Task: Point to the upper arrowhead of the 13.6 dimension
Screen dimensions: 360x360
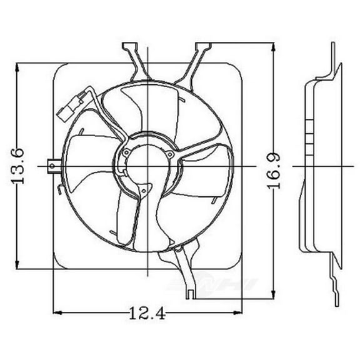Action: [x=21, y=66]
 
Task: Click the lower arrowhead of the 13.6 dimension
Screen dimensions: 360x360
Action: [x=21, y=265]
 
